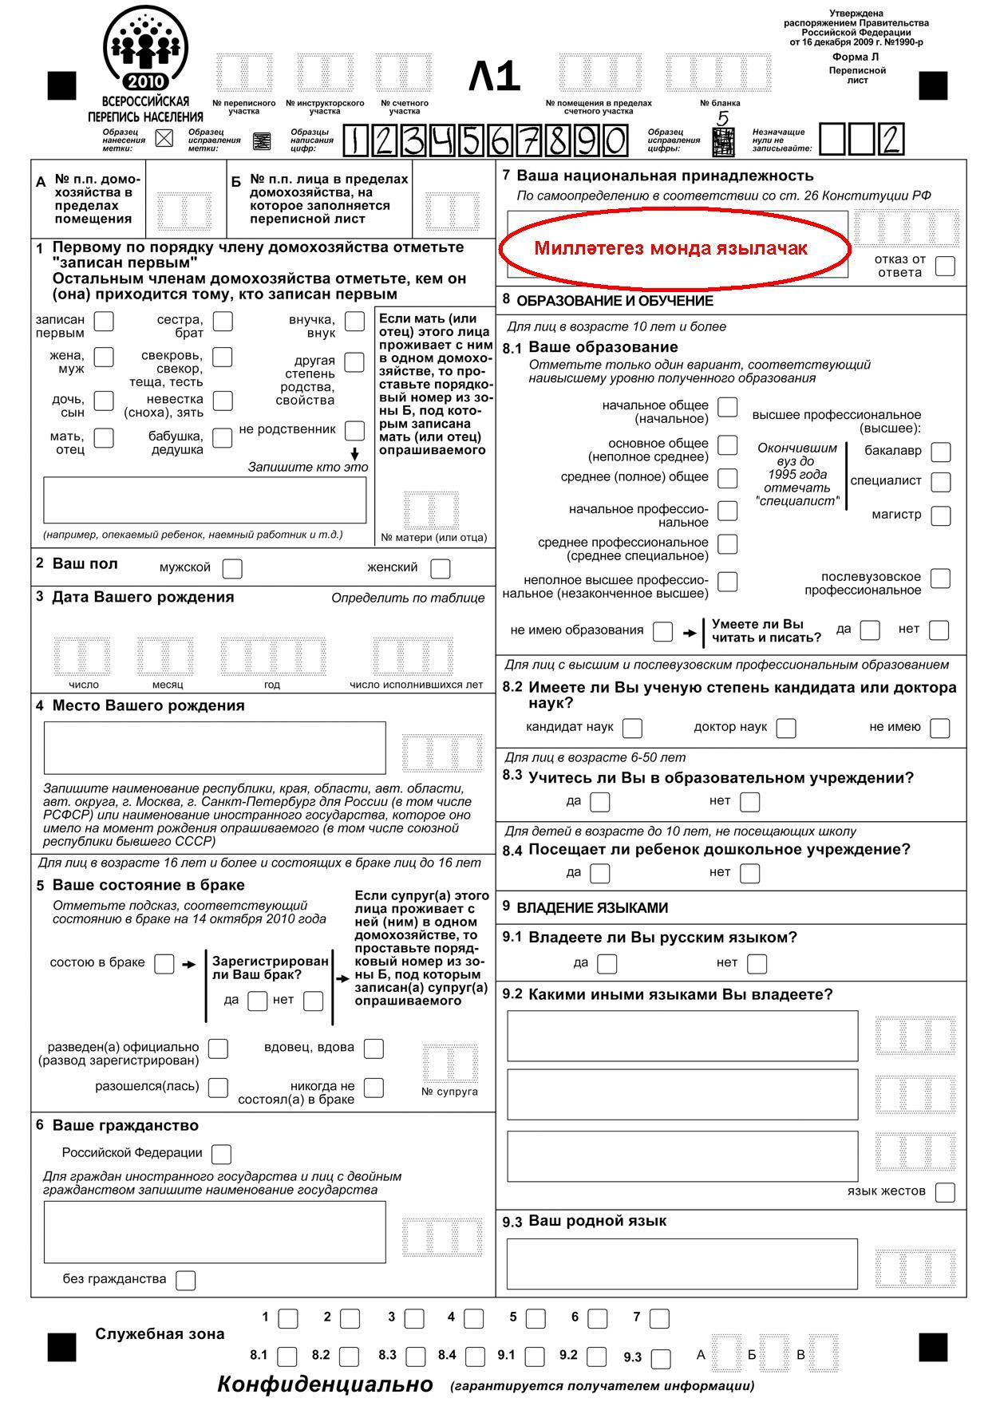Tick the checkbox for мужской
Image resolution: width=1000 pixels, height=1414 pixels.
232,569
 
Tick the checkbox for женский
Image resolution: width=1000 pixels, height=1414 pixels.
440,569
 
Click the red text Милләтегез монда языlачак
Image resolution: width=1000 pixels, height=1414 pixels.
671,248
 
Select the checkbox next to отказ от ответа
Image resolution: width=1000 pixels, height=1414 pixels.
945,266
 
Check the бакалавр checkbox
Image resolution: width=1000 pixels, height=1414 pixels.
941,452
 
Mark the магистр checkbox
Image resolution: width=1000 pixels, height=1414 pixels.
941,516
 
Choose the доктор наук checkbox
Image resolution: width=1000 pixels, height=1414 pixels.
786,728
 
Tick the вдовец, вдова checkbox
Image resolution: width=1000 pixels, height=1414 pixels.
374,1049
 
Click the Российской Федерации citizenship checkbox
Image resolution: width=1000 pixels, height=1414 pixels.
221,1154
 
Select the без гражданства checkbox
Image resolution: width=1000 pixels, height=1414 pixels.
185,1280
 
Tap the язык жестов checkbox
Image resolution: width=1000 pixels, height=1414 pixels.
945,1192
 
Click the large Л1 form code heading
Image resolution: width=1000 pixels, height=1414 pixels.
494,77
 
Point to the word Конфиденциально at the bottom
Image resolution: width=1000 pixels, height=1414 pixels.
325,1384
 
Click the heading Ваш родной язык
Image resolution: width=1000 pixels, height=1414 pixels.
597,1221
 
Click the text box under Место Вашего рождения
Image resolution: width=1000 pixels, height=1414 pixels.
215,748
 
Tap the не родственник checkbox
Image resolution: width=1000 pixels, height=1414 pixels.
354,431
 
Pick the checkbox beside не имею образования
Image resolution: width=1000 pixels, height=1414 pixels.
662,632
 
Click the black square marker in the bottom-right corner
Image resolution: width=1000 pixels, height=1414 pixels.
933,1347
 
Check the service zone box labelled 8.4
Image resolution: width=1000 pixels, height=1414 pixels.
475,1356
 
